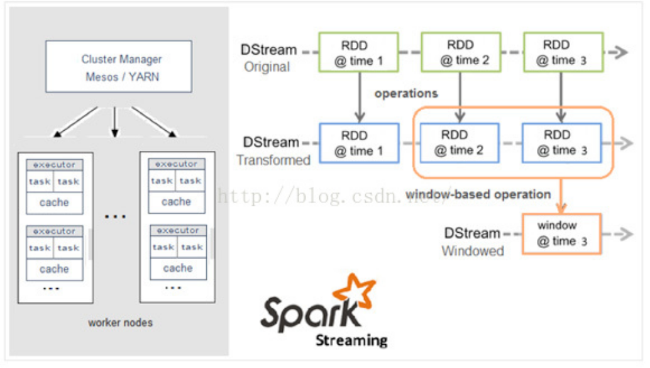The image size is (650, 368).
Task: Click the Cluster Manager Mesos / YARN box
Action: coord(119,67)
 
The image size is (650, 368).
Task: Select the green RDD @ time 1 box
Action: coord(359,53)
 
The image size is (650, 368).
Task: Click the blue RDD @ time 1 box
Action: coord(359,143)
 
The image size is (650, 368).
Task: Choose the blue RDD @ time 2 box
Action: coord(460,143)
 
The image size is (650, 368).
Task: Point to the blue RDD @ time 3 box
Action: coord(561,143)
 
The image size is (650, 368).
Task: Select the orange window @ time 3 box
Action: coord(561,233)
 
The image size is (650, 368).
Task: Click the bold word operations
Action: coord(406,94)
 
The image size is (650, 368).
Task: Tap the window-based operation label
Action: coord(478,194)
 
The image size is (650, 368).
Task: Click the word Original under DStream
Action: coord(267,67)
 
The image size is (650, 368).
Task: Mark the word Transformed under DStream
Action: coord(273,160)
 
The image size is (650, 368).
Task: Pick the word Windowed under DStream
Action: coord(473,251)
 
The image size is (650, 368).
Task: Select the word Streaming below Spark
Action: coord(351,341)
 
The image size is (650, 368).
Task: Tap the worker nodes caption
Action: coord(120,323)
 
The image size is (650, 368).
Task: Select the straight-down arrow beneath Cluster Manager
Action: coord(114,121)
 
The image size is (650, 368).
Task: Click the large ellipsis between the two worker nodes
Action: coord(116,216)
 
